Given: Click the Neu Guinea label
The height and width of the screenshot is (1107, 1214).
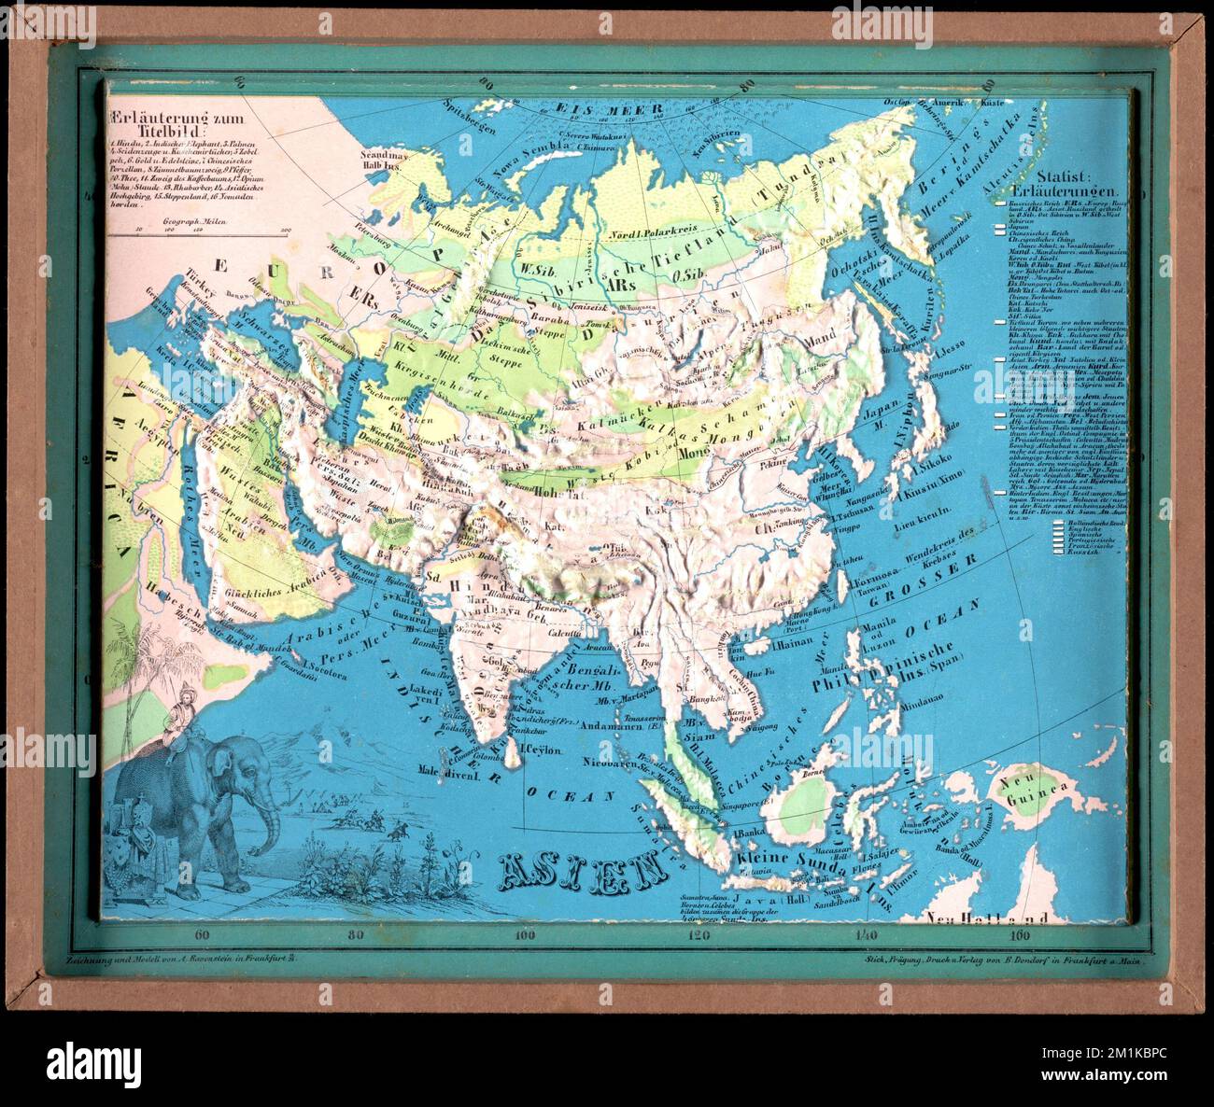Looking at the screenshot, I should [1029, 794].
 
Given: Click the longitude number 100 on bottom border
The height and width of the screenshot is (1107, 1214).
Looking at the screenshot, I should [525, 934].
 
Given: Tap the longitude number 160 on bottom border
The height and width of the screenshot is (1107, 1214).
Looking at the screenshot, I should [1020, 934].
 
